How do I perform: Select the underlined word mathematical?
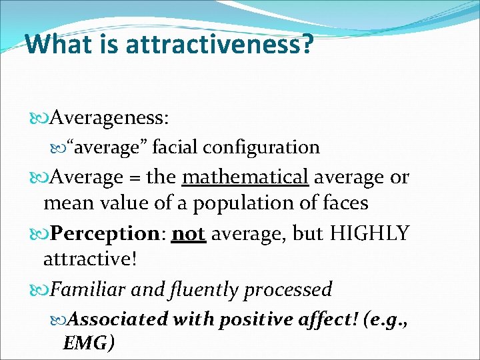(x=245, y=177)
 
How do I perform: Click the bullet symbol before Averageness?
(x=41, y=119)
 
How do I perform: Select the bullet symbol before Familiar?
(x=41, y=290)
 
